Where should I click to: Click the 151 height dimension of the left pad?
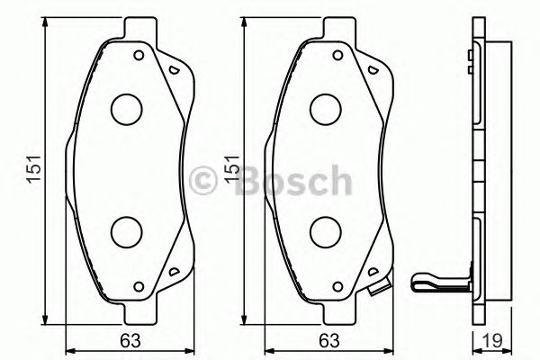click(34, 169)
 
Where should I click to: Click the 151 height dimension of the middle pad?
click(231, 168)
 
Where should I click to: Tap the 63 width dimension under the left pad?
click(130, 342)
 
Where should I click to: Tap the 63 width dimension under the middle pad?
click(329, 342)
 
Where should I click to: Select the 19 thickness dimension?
click(492, 342)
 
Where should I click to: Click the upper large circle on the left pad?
click(127, 109)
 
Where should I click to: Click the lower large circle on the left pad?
click(127, 232)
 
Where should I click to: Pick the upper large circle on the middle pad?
click(326, 109)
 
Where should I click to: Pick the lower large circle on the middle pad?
click(326, 232)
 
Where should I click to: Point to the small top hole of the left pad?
click(139, 55)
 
